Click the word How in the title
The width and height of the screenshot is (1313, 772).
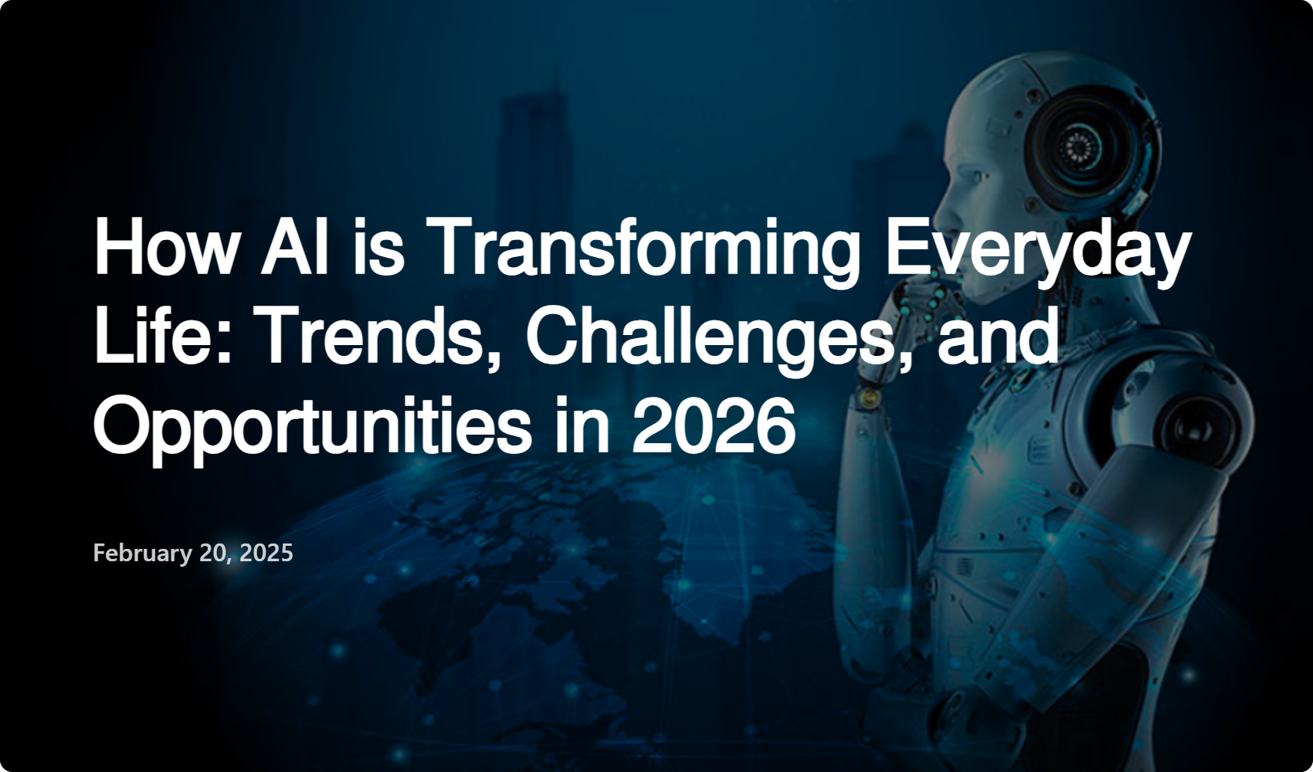click(x=165, y=246)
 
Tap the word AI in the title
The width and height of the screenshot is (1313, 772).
click(x=294, y=246)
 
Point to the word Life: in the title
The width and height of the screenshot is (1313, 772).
click(x=162, y=337)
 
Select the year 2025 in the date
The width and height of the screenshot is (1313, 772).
click(x=266, y=553)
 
